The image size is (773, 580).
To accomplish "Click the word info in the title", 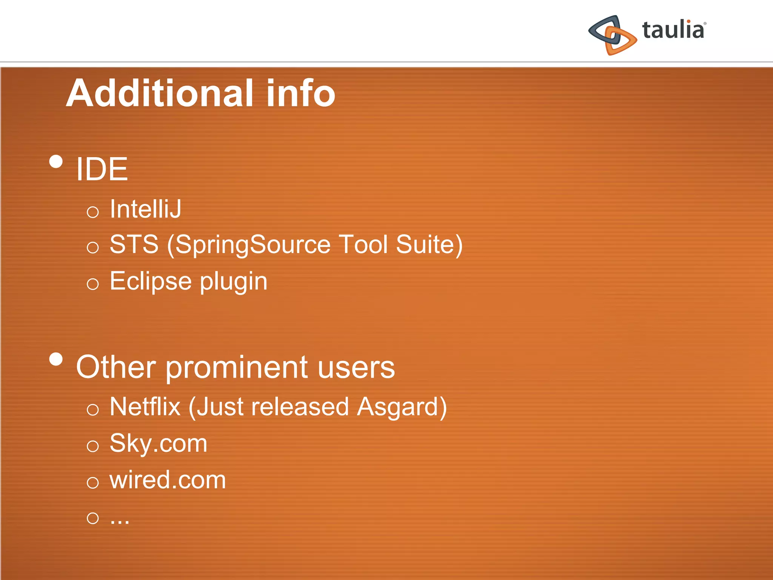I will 300,93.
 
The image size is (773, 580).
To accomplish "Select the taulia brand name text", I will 673,30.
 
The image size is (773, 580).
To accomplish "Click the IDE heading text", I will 102,169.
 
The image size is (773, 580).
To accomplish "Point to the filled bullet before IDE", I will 56,162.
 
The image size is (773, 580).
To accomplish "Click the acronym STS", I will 134,244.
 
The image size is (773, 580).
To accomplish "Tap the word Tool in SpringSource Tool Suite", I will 363,244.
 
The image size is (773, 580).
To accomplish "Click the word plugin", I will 234,282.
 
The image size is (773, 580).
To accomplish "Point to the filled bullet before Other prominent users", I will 56,359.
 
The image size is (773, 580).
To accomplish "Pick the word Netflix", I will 145,407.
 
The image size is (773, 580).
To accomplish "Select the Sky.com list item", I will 159,444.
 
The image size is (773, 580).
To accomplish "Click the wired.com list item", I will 168,480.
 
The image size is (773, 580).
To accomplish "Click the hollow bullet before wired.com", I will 92,483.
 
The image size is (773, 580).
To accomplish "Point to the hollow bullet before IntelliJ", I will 92,212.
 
